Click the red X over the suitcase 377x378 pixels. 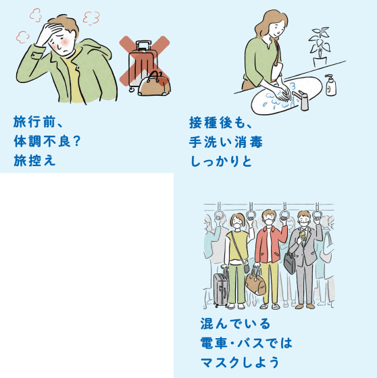[x=145, y=61]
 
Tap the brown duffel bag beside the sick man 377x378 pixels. [x=155, y=84]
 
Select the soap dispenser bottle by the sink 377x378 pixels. [x=330, y=85]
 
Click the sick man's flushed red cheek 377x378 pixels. [x=65, y=43]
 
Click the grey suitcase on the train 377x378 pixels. [x=221, y=288]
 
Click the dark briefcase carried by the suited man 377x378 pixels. [x=289, y=263]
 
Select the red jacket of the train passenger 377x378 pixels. [x=271, y=244]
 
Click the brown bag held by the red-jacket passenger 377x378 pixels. [x=255, y=282]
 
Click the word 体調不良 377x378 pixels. [x=43, y=141]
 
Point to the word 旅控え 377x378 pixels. [x=34, y=161]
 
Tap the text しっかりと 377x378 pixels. [x=221, y=161]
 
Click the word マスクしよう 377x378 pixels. [x=240, y=362]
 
